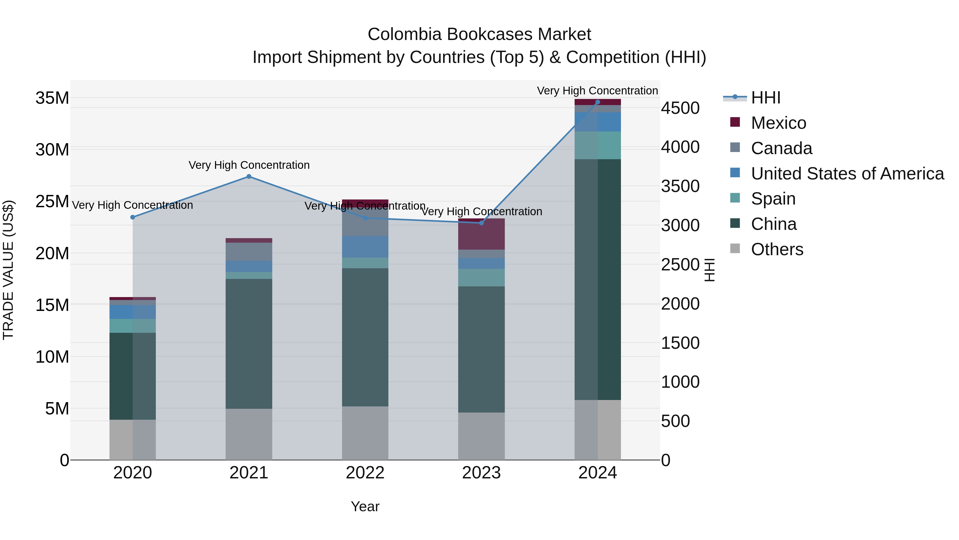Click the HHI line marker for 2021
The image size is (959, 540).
click(x=249, y=177)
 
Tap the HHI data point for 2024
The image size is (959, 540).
click(x=598, y=102)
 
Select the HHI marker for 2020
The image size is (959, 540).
click(x=133, y=217)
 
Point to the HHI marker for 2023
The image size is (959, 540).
click(x=481, y=223)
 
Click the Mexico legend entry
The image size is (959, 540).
click(x=778, y=123)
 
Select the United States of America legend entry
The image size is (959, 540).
click(x=847, y=174)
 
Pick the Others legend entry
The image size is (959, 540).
click(x=777, y=249)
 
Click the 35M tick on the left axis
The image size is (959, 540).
click(x=52, y=98)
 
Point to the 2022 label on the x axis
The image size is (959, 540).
click(x=365, y=473)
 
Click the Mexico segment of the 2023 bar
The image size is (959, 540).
click(x=481, y=234)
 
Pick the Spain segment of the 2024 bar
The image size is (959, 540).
click(x=598, y=145)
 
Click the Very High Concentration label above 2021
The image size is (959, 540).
click(x=249, y=165)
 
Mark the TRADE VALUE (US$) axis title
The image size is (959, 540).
click(x=9, y=270)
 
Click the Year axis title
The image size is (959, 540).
click(x=365, y=506)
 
